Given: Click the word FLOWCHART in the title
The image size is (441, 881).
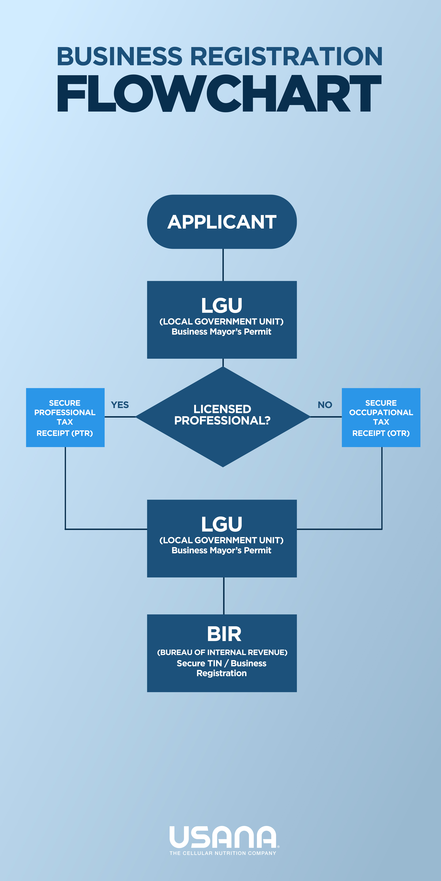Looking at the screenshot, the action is tap(219, 93).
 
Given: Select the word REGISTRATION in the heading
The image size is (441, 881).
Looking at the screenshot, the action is tap(286, 56).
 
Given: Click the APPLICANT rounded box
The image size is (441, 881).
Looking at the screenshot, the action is tap(222, 222).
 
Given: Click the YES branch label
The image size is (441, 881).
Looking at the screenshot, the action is tap(120, 405).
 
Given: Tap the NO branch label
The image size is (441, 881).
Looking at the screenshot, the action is tap(325, 405).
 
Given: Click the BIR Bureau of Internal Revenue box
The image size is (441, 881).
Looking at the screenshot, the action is tap(222, 653).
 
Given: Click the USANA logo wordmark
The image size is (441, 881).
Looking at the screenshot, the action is tap(223, 837).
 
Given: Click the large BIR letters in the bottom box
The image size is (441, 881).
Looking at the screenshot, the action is tap(224, 634).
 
